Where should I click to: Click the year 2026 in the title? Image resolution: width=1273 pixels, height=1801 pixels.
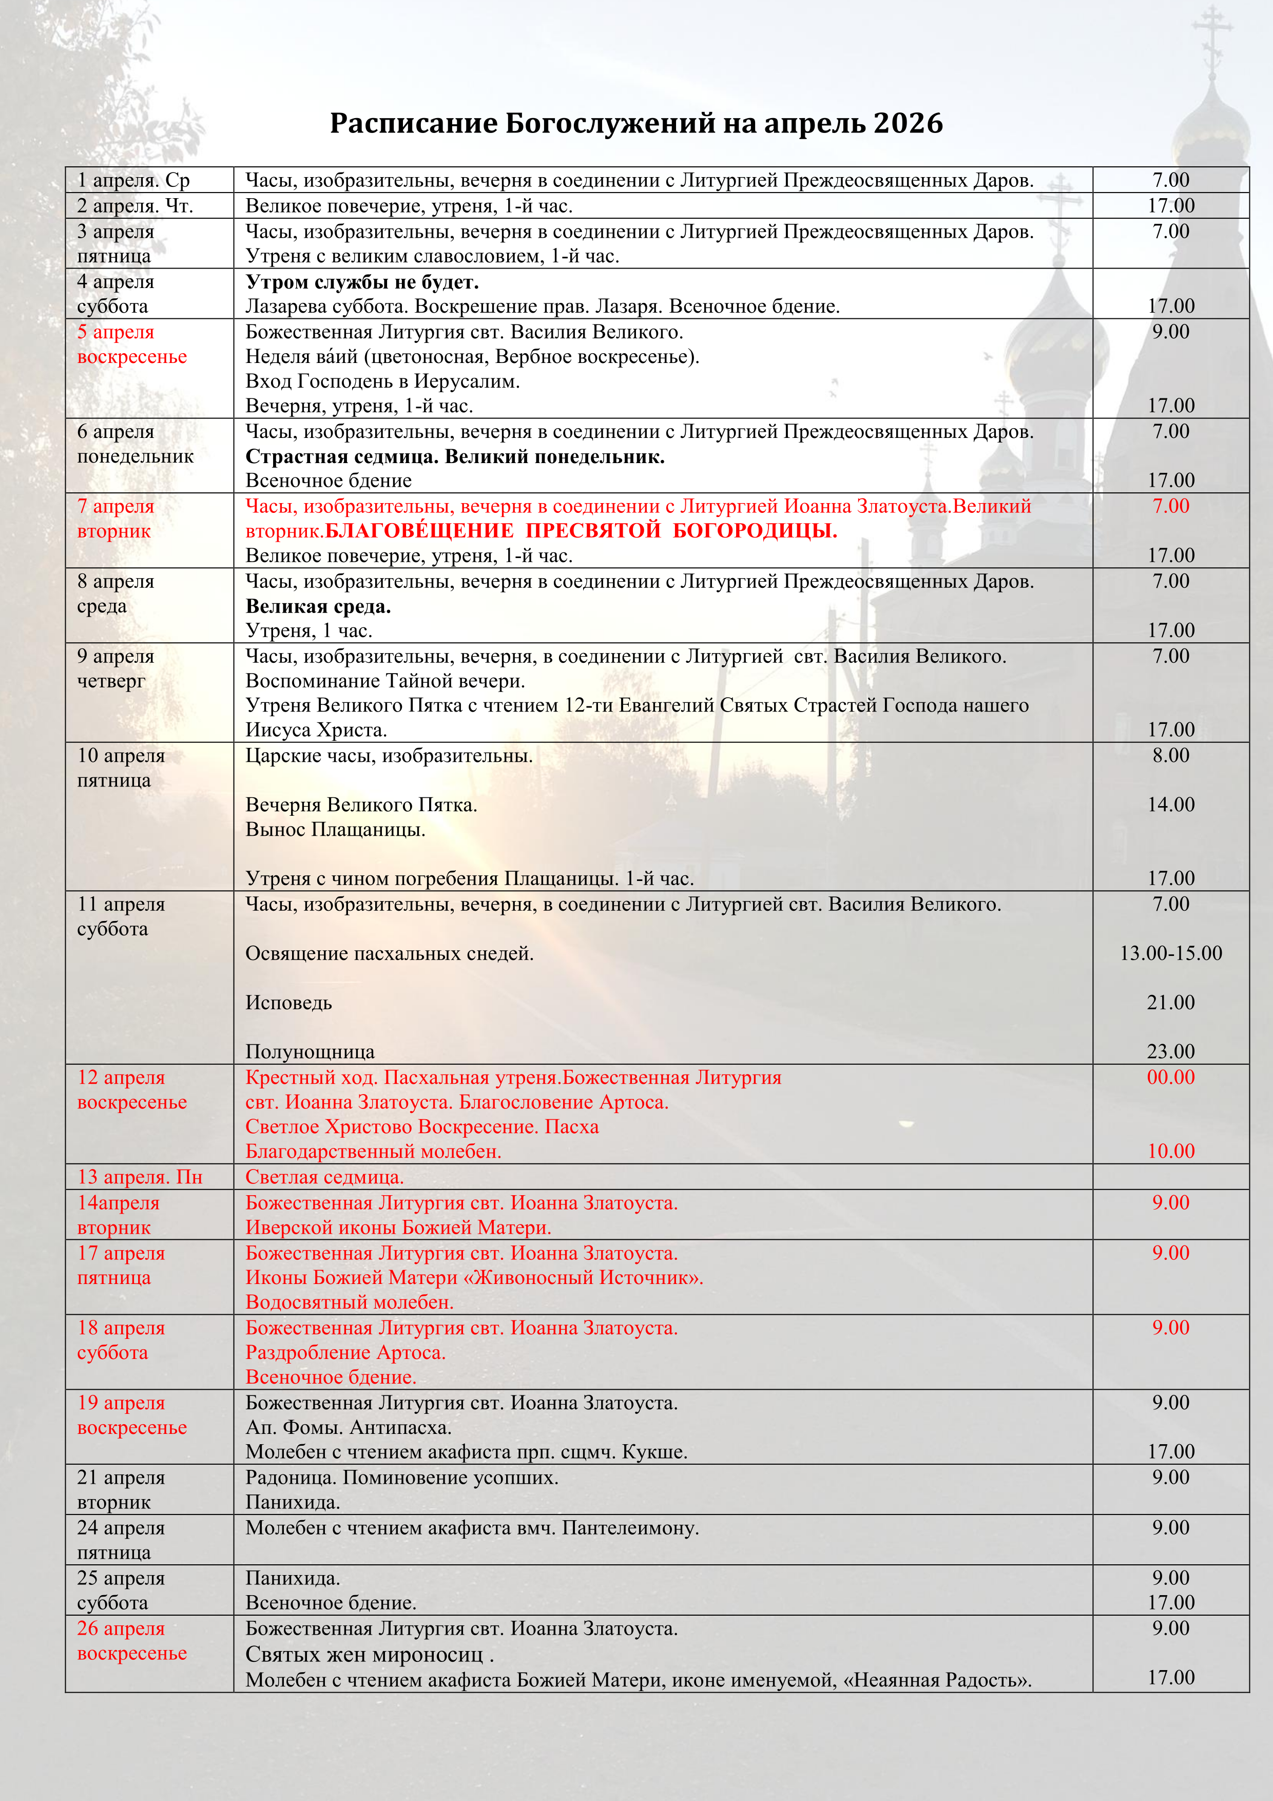(x=908, y=123)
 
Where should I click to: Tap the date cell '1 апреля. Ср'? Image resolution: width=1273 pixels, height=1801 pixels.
(x=133, y=180)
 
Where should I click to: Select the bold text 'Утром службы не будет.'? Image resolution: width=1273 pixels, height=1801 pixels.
(x=361, y=282)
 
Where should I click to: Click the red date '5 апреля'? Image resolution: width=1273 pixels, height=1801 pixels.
(x=115, y=332)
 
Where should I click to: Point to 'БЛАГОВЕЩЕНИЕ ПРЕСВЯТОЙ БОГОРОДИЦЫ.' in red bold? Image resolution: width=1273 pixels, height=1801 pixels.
(x=581, y=531)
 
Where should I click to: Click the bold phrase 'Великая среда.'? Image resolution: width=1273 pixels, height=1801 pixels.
(x=318, y=606)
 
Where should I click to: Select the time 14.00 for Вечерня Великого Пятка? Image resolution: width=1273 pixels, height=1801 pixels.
(x=1170, y=805)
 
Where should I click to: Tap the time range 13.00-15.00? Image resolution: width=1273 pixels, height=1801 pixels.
(x=1170, y=954)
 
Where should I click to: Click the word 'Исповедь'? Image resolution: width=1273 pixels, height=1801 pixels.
(x=288, y=1003)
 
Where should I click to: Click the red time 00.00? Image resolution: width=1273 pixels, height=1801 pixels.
(x=1170, y=1078)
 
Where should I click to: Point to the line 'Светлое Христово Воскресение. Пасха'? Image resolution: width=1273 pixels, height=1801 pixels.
(x=422, y=1127)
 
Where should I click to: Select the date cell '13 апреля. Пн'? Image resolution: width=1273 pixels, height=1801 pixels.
(x=140, y=1177)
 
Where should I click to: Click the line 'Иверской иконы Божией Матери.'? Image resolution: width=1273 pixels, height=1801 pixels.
(x=398, y=1228)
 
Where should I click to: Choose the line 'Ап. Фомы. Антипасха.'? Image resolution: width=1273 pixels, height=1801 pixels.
(x=348, y=1428)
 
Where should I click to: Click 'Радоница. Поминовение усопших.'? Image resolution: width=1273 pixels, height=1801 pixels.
(x=401, y=1478)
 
